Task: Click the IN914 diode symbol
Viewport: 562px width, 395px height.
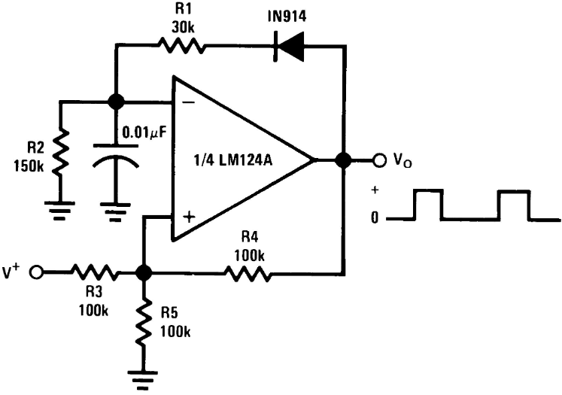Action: click(x=289, y=46)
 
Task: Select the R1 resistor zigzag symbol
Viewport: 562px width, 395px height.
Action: click(x=181, y=46)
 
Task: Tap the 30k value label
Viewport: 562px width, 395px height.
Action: click(x=183, y=28)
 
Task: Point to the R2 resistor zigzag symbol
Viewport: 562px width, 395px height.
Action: click(x=61, y=153)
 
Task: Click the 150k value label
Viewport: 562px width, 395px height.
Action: click(x=29, y=166)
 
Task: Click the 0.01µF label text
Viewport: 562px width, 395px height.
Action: click(x=144, y=133)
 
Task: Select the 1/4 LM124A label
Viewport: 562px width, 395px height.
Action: click(x=232, y=160)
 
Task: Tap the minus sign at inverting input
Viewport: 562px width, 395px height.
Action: click(x=189, y=103)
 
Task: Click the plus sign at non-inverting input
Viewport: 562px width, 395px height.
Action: click(x=189, y=217)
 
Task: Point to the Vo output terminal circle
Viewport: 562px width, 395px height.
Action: click(x=379, y=160)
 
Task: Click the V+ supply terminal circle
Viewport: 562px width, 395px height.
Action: click(x=36, y=272)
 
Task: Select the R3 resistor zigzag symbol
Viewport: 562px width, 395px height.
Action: click(x=95, y=272)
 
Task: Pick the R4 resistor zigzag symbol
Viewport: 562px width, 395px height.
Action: click(x=248, y=273)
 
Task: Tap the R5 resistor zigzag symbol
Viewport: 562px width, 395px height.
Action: click(x=144, y=323)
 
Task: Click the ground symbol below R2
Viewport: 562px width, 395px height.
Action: click(x=60, y=211)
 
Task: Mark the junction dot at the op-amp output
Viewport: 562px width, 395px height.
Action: click(x=344, y=160)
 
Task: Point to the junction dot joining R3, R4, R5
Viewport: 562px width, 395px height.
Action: click(x=144, y=273)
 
